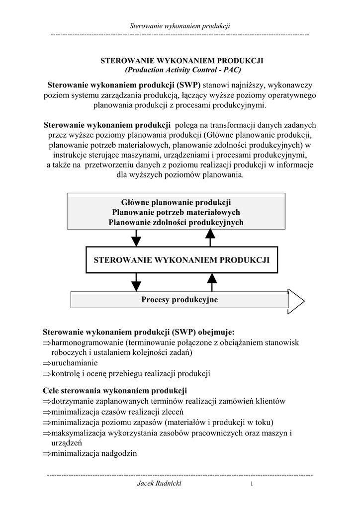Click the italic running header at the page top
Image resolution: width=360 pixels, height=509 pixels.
[180, 25]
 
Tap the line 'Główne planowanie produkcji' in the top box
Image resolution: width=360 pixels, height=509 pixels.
[176, 202]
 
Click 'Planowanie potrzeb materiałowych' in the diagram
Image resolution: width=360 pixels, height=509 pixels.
[176, 212]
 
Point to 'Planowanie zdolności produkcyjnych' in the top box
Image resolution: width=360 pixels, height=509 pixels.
[176, 222]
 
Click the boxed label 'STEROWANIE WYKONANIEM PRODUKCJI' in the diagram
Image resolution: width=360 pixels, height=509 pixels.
[181, 259]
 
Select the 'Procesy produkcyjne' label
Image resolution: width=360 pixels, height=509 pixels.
[180, 300]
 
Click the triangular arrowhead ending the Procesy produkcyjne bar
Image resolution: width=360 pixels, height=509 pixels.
[296, 300]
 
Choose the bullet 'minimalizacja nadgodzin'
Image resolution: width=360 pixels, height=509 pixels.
[94, 453]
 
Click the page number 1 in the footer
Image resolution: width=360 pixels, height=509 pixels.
[252, 485]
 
